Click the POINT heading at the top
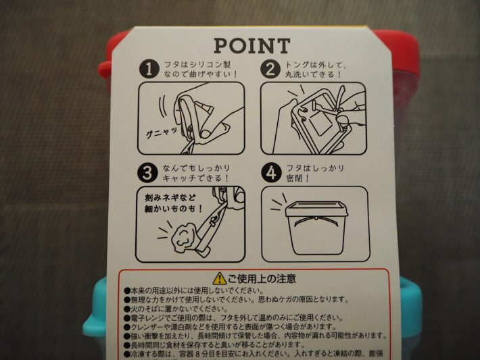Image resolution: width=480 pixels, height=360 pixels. pyautogui.click(x=251, y=46)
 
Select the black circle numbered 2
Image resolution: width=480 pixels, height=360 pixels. pyautogui.click(x=271, y=69)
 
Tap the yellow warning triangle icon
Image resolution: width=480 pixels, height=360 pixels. pyautogui.click(x=218, y=278)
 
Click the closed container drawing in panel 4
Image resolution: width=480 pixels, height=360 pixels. pyautogui.click(x=314, y=226)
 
